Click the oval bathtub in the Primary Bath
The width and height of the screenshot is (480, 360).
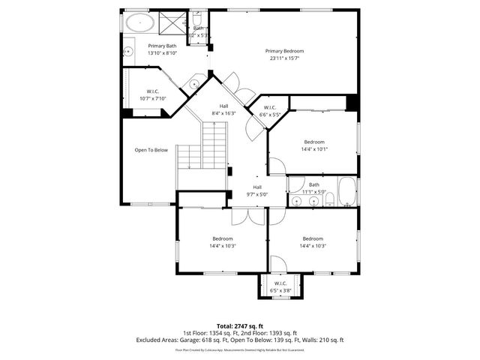[139, 22]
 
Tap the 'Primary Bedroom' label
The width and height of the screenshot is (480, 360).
[284, 51]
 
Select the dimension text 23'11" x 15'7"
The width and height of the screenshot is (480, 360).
[284, 58]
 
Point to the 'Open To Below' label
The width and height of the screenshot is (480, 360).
[151, 150]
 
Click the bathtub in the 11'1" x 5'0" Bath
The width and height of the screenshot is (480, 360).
[347, 192]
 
